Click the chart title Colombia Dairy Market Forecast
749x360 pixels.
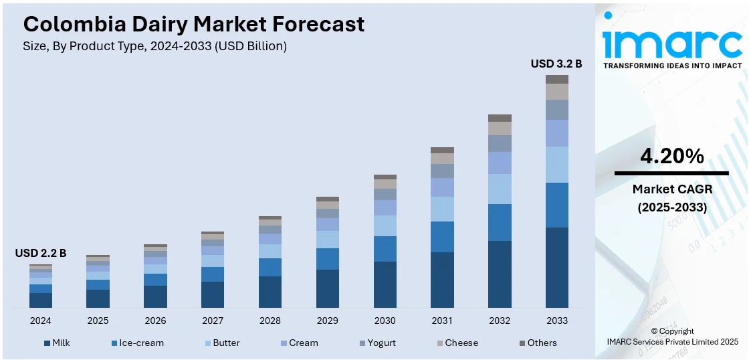pyautogui.click(x=194, y=24)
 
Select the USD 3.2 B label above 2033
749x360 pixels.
pyautogui.click(x=556, y=64)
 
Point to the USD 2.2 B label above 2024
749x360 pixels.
pyautogui.click(x=41, y=253)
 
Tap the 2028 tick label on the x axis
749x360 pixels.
pyautogui.click(x=270, y=321)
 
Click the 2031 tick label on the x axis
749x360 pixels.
pyautogui.click(x=442, y=321)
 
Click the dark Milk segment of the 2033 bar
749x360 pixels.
pyautogui.click(x=556, y=268)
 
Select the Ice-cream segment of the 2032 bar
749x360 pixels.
pyautogui.click(x=500, y=222)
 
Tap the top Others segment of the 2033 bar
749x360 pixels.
pyautogui.click(x=556, y=79)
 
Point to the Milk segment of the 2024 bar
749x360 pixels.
pyautogui.click(x=41, y=300)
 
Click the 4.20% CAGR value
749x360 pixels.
pyautogui.click(x=672, y=157)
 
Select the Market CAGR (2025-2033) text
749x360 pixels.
pyautogui.click(x=672, y=198)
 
